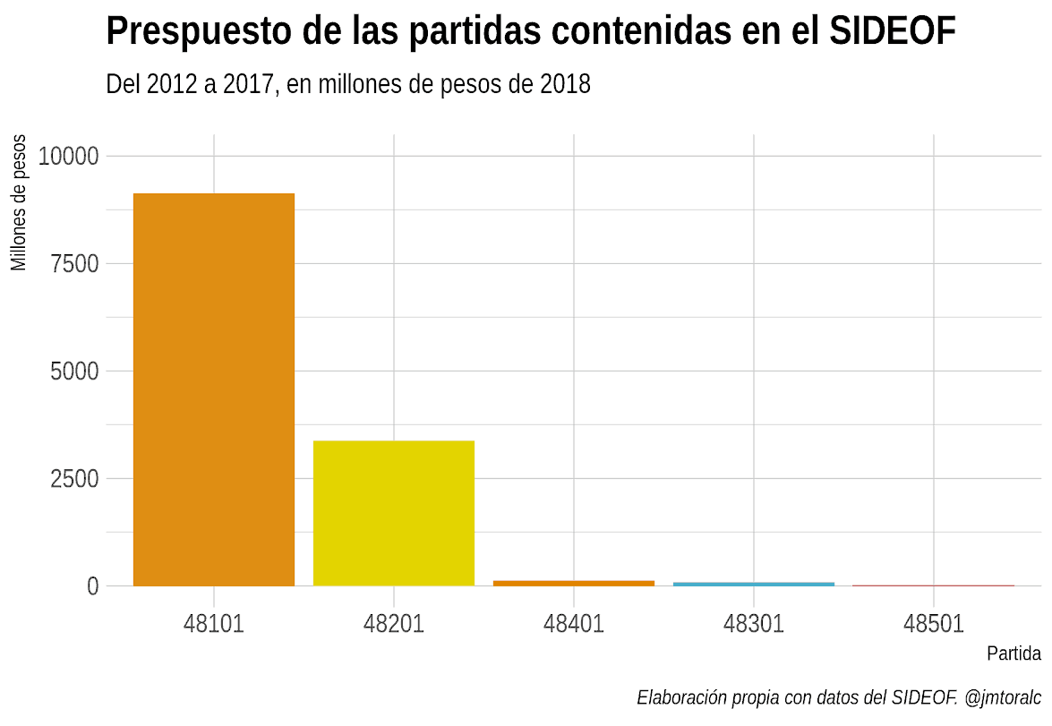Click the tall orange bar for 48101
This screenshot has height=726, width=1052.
pos(214,389)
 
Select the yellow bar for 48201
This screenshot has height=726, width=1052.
pos(394,513)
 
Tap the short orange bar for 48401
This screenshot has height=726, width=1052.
pos(574,583)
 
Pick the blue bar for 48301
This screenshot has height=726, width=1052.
pos(754,584)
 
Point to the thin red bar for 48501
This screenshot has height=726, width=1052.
pos(934,585)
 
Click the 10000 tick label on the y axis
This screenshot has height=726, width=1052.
pos(68,157)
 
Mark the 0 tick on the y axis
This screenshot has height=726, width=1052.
pos(92,586)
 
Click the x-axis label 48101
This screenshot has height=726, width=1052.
pos(214,623)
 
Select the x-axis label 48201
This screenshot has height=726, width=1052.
pos(394,623)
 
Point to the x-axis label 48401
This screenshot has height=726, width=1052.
pos(574,623)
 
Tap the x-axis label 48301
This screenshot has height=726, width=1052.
pos(754,623)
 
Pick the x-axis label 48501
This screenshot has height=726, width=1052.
pos(934,623)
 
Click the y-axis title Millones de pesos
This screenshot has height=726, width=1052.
pos(19,203)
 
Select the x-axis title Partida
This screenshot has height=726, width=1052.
pos(1014,653)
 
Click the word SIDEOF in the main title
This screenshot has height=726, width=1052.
pos(893,32)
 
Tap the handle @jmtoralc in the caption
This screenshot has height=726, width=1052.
pos(1004,697)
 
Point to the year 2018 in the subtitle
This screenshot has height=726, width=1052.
pos(566,85)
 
